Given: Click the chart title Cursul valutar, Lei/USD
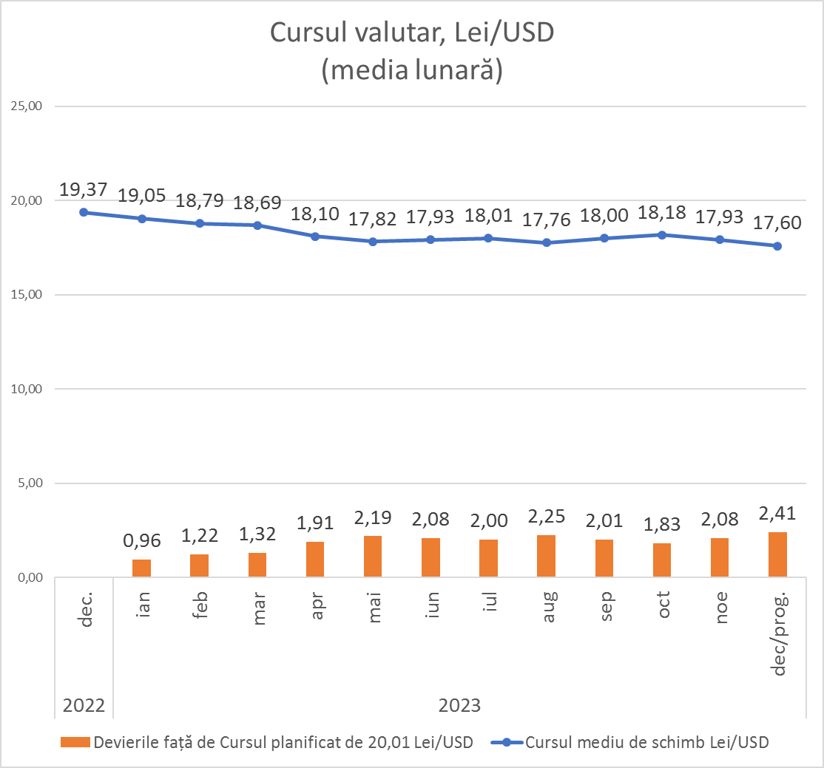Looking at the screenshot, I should [x=412, y=33].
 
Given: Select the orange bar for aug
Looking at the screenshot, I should [x=546, y=556].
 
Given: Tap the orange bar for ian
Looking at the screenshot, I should [x=141, y=568].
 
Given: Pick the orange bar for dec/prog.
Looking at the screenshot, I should [x=777, y=554].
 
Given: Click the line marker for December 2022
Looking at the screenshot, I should [x=84, y=212].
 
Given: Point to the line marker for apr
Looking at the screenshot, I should [x=315, y=237].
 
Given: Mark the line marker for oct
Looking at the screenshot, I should [x=662, y=235].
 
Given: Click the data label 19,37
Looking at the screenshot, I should [x=84, y=190].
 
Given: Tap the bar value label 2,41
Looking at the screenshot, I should [x=777, y=514].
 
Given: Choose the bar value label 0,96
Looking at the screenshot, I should [x=141, y=541].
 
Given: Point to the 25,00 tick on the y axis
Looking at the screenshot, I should [x=27, y=106].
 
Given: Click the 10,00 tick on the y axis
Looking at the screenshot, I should [x=27, y=390].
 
